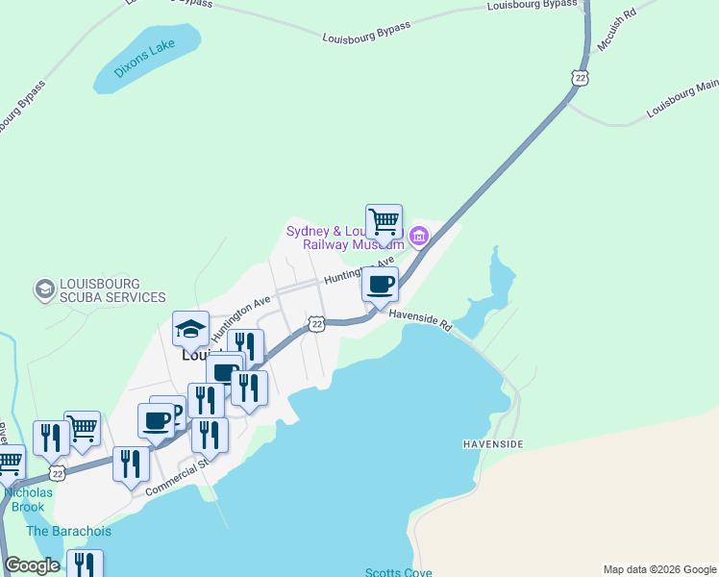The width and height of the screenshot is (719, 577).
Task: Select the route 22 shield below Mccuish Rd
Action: [578, 77]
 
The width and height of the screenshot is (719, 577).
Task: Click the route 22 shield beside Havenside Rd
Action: [316, 324]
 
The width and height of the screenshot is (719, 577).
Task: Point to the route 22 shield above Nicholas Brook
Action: [57, 473]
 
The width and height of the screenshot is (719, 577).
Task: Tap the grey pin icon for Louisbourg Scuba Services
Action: [43, 288]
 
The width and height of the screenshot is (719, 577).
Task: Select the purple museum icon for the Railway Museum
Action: [418, 236]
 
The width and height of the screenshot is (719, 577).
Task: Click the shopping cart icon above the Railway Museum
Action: [384, 221]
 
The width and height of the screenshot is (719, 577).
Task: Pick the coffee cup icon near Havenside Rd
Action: [380, 285]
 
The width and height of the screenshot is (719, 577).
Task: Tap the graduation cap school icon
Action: [190, 329]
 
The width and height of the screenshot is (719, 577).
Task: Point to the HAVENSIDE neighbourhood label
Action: [493, 444]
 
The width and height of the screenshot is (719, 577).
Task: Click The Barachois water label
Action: [68, 531]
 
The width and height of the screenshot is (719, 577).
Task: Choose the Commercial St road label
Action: [176, 478]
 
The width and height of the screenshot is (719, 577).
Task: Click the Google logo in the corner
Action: [32, 565]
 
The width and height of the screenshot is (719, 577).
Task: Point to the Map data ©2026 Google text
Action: [658, 569]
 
